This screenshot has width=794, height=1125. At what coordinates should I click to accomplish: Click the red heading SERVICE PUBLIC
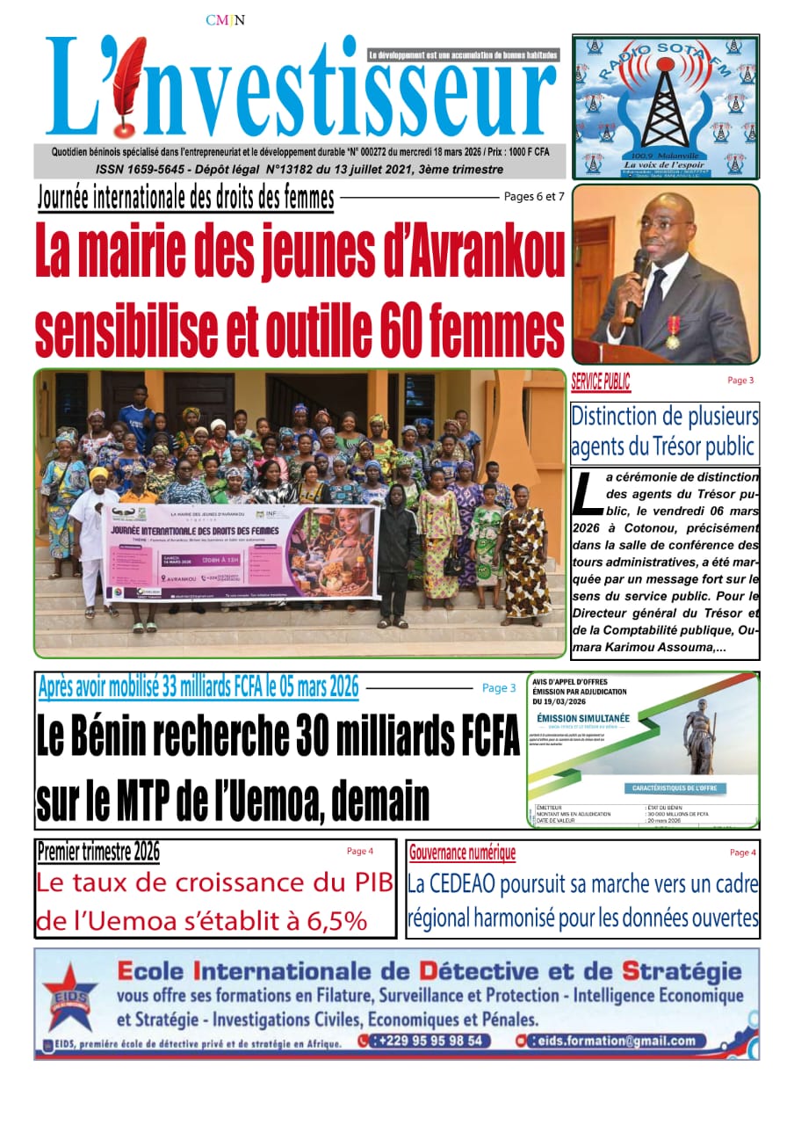point(600,382)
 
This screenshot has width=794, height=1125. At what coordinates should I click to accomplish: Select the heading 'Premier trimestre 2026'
point(98,852)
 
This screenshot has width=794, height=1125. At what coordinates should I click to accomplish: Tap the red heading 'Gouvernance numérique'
point(462,852)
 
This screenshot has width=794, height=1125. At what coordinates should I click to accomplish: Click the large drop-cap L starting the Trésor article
point(583,494)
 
